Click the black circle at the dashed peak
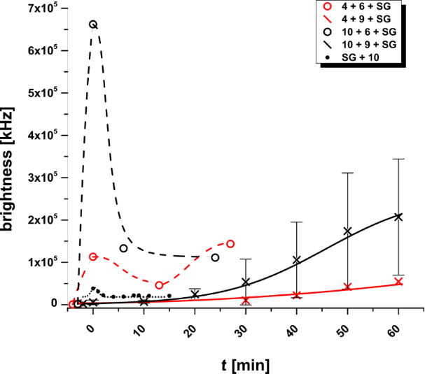(x=93, y=24)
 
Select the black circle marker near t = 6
(x=123, y=248)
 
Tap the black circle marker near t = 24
(x=215, y=257)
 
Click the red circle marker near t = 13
(x=160, y=285)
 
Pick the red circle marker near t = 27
(x=230, y=243)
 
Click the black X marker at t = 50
(x=347, y=231)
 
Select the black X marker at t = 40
(x=297, y=260)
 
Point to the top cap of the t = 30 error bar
(x=246, y=259)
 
